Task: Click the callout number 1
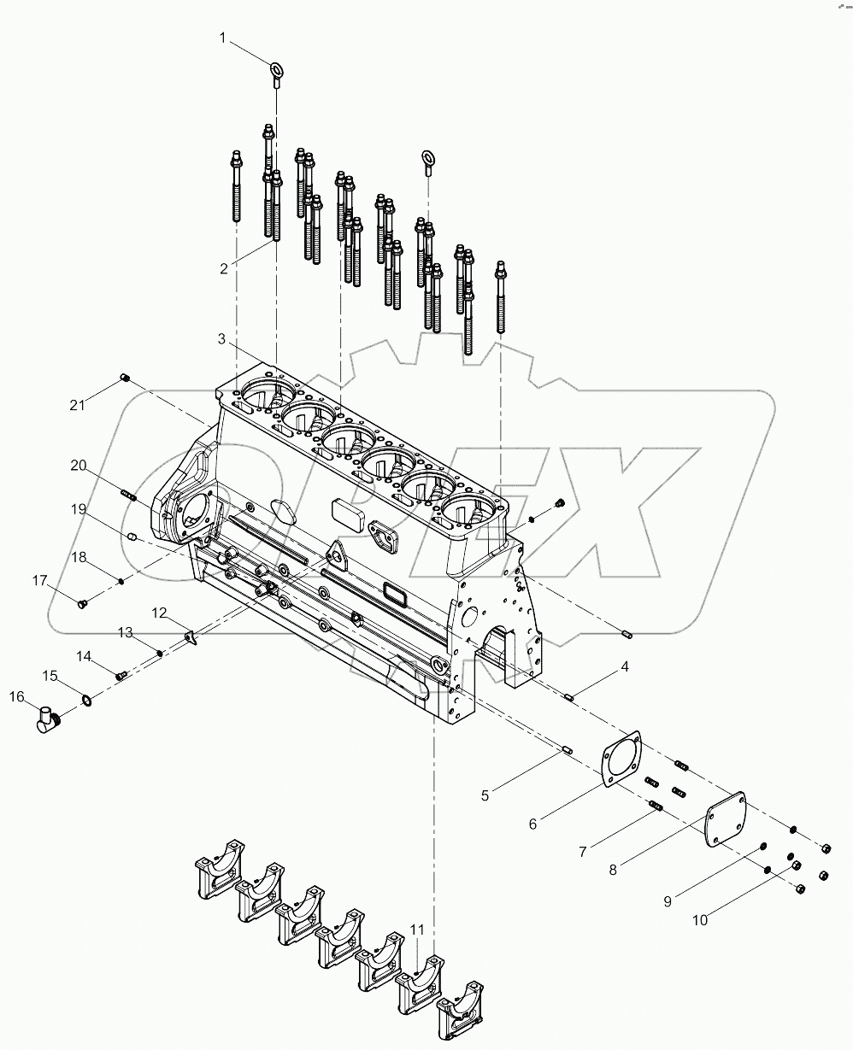223,38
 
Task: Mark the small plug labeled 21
125,378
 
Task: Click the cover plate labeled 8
725,819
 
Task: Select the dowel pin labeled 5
568,752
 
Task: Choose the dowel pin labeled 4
571,696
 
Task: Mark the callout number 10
700,921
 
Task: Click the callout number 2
223,268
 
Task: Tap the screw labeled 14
121,675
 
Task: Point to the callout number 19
79,509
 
